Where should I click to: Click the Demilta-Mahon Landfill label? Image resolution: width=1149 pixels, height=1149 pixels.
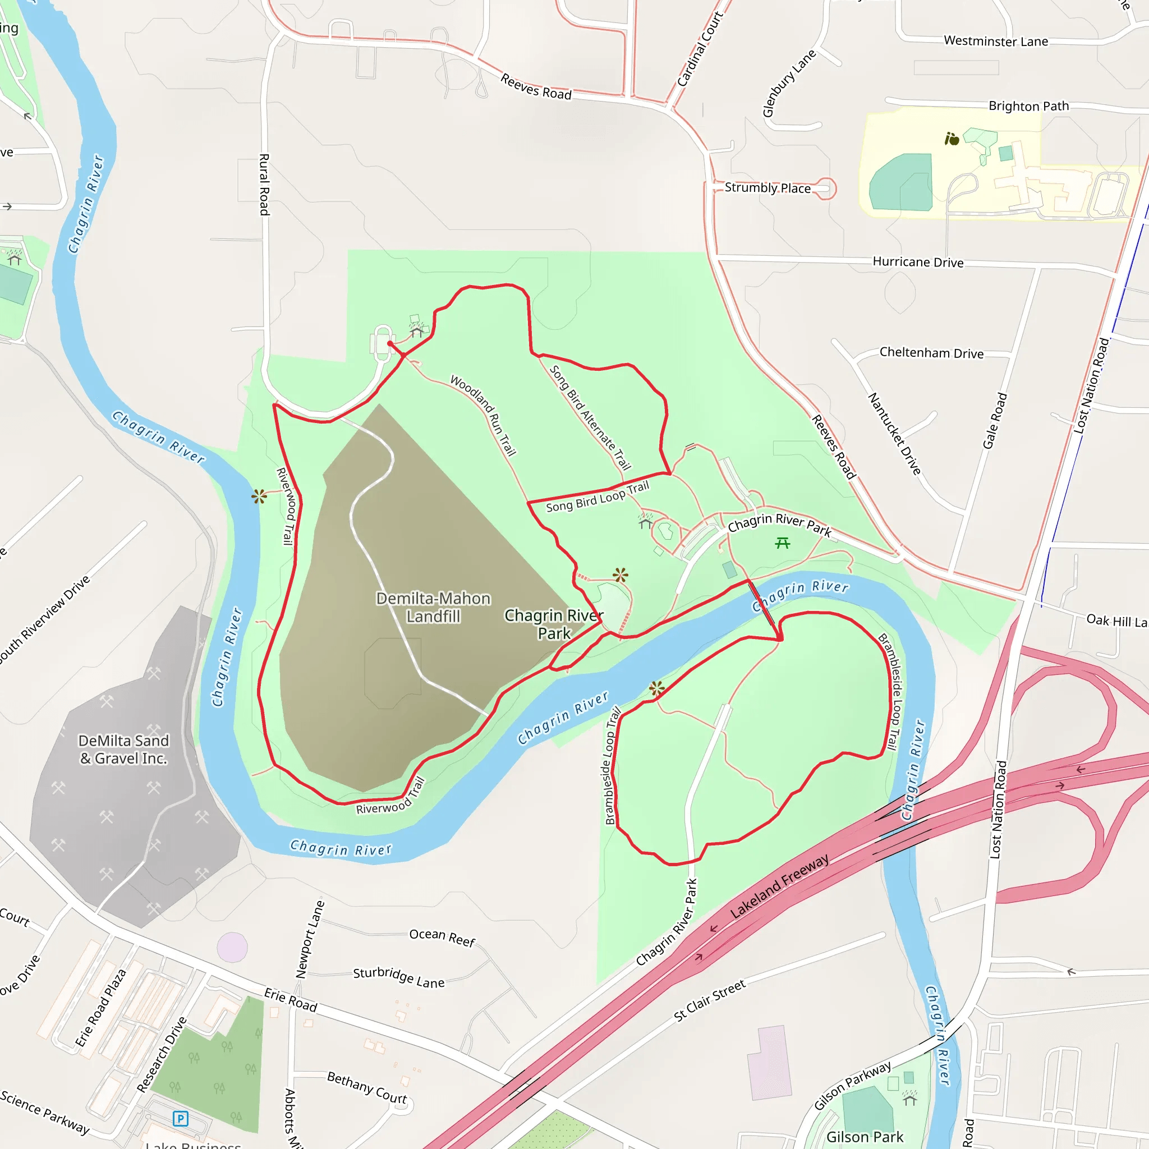[x=433, y=607]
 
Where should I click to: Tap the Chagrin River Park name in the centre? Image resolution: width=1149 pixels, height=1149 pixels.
[x=554, y=624]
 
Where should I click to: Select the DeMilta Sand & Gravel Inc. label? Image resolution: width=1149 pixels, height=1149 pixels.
[x=123, y=750]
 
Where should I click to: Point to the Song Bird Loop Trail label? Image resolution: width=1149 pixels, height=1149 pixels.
[x=597, y=497]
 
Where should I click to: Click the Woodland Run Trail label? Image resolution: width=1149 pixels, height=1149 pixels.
[x=483, y=415]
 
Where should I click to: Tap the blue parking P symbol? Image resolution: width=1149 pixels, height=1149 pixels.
[x=180, y=1119]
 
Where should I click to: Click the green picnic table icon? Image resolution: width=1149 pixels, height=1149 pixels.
[x=783, y=543]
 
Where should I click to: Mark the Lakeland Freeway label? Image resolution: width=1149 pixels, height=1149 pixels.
[x=779, y=886]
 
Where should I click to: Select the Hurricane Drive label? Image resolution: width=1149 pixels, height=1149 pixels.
[x=918, y=261]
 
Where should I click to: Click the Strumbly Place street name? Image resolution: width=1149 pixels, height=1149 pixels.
[x=767, y=188]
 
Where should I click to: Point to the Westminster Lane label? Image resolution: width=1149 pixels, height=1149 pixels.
[x=996, y=41]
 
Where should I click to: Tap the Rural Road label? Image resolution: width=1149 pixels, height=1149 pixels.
[x=264, y=185]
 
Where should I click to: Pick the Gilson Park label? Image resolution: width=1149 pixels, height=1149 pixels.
[x=864, y=1137]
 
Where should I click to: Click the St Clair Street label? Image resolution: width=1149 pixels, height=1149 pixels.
[x=710, y=1000]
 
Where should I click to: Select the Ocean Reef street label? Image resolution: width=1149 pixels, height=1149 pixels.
[x=442, y=937]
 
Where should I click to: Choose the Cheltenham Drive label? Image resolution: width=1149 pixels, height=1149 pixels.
[x=931, y=353]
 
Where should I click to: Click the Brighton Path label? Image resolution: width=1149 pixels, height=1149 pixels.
[x=1028, y=106]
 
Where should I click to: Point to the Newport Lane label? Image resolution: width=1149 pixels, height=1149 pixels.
[x=310, y=939]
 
